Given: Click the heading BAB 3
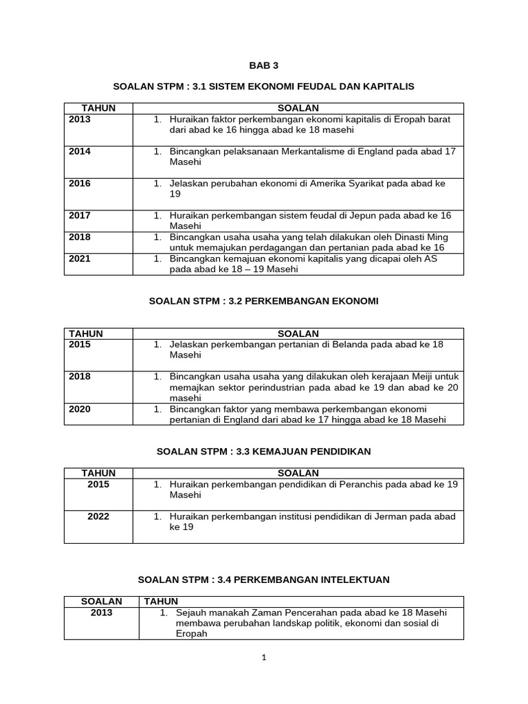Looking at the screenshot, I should (264, 65).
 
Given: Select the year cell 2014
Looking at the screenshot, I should (80, 151).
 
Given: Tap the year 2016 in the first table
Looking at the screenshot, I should (80, 184).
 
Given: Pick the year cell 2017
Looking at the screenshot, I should (80, 215).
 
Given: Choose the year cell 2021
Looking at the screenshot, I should (80, 258).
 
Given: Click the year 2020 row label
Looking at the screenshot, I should (80, 409).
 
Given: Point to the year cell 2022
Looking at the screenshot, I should (98, 516).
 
